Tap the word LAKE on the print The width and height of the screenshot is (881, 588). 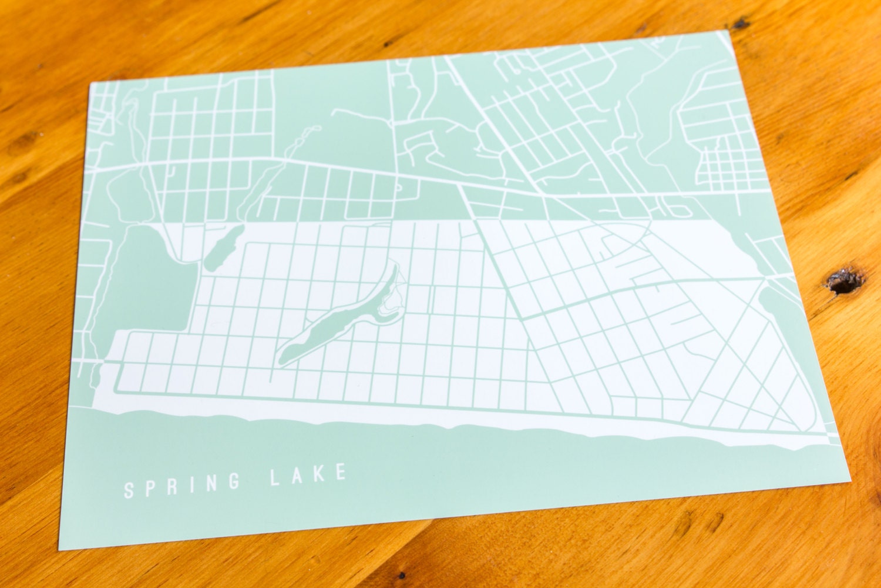307,476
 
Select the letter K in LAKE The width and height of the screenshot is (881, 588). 320,475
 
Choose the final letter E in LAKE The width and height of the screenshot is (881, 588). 341,473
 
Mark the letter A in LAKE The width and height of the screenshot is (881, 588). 296,476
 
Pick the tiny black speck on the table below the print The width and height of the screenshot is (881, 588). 401,575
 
